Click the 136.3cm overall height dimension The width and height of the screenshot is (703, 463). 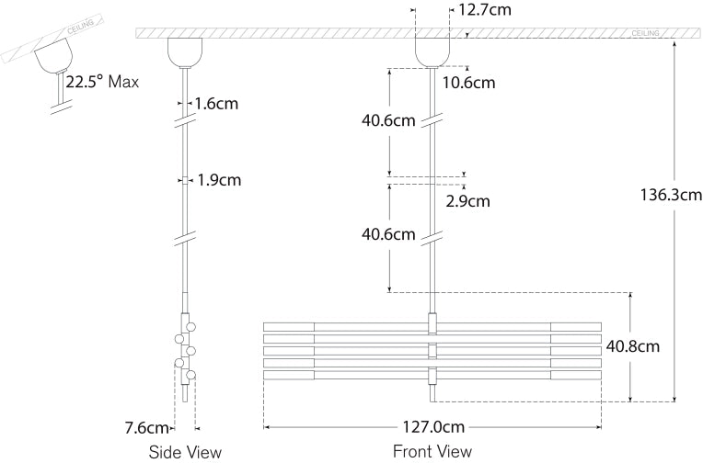(672, 195)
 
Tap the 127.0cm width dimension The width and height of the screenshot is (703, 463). (432, 427)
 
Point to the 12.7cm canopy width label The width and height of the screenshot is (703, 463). (482, 11)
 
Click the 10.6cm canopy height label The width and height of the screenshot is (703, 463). (468, 83)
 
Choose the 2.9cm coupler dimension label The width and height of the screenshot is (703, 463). (468, 200)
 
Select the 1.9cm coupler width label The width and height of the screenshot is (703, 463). (219, 180)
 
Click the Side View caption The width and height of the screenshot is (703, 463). (185, 451)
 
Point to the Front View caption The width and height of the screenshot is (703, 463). (432, 451)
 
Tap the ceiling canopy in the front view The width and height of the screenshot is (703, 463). (432, 51)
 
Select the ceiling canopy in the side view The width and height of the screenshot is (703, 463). (182, 51)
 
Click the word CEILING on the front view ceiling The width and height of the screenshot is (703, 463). (646, 33)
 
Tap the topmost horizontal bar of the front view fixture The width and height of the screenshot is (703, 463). (432, 326)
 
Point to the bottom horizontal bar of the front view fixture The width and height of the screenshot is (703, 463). (432, 375)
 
